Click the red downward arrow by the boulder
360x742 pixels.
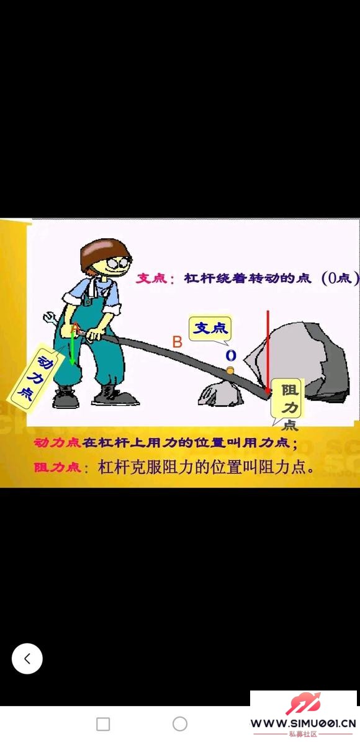[x=268, y=352]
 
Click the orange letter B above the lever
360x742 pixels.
[x=177, y=342]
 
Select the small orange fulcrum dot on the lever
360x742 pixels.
[x=230, y=370]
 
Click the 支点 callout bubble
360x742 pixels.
[x=211, y=329]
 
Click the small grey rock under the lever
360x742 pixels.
[x=221, y=394]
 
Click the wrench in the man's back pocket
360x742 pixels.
[x=52, y=319]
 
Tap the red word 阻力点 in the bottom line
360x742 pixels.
[x=57, y=468]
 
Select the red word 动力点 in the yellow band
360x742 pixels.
[x=57, y=444]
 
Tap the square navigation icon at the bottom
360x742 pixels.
[x=103, y=724]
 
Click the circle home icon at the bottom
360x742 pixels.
[x=180, y=724]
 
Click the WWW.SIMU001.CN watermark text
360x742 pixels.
[x=303, y=723]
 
